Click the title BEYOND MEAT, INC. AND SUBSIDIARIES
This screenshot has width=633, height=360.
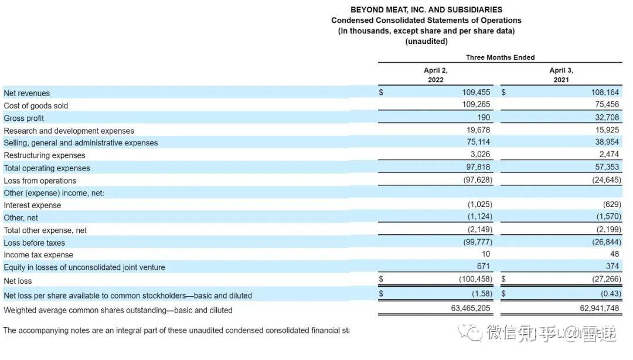pyautogui.click(x=426, y=10)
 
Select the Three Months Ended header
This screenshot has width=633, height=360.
pyautogui.click(x=500, y=57)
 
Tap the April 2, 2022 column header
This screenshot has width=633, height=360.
pyautogui.click(x=435, y=74)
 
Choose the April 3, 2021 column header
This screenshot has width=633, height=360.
pyautogui.click(x=561, y=74)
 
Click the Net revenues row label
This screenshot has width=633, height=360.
pyautogui.click(x=27, y=93)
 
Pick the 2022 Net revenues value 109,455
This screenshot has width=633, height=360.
pyautogui.click(x=476, y=93)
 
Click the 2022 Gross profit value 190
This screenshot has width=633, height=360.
pyautogui.click(x=484, y=117)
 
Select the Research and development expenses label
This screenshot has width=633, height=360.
pyautogui.click(x=69, y=131)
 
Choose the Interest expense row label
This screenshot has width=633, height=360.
pyautogui.click(x=32, y=205)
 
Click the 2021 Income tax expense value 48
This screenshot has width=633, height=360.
pyautogui.click(x=615, y=254)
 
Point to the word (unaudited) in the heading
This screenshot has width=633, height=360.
pyautogui.click(x=426, y=42)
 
